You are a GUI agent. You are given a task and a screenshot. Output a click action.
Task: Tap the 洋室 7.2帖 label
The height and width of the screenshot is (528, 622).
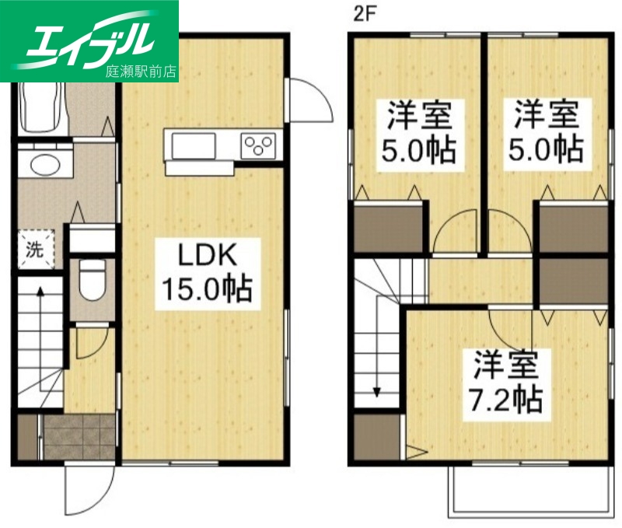[x=506, y=382]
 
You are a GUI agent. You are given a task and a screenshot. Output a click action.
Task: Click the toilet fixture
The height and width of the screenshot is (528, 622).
[x=93, y=280]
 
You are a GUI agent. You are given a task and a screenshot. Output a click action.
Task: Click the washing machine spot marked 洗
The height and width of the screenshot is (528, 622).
[x=35, y=250]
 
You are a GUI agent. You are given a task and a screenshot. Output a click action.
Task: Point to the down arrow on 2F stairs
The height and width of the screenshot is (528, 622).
[x=376, y=389]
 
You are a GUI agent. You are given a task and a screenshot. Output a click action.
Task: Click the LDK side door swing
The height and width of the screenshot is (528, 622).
[x=307, y=101]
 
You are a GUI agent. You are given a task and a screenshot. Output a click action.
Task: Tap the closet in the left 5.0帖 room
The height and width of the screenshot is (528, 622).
[x=389, y=225]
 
